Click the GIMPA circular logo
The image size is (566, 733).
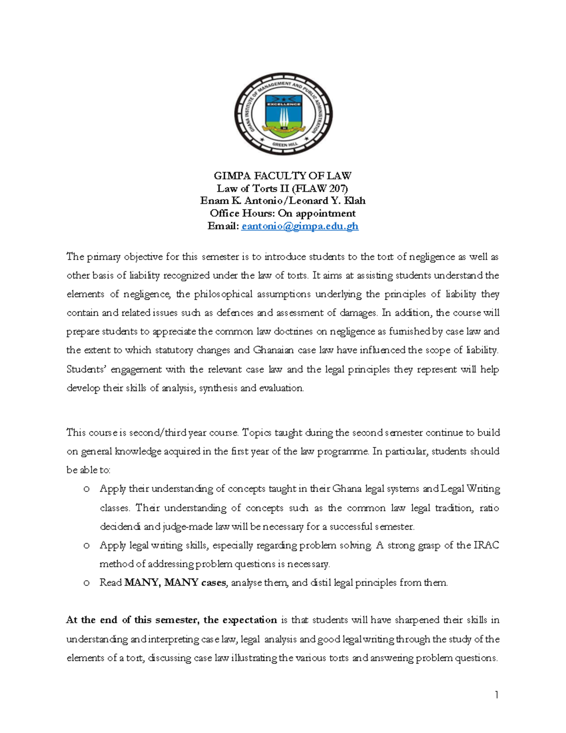[283, 114]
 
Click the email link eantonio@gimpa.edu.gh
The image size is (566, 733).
[300, 226]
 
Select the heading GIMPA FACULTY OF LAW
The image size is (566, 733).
[283, 176]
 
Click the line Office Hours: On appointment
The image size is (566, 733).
[283, 213]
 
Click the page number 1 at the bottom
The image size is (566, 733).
[496, 694]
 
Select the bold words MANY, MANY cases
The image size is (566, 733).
[175, 583]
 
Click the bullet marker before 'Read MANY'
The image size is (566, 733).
[86, 583]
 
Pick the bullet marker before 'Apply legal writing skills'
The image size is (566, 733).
[86, 546]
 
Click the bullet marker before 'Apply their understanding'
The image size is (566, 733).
[86, 489]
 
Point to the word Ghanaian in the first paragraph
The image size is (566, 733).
[273, 350]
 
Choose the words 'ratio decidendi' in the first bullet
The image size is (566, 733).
[489, 508]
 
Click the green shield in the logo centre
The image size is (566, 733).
[283, 115]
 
